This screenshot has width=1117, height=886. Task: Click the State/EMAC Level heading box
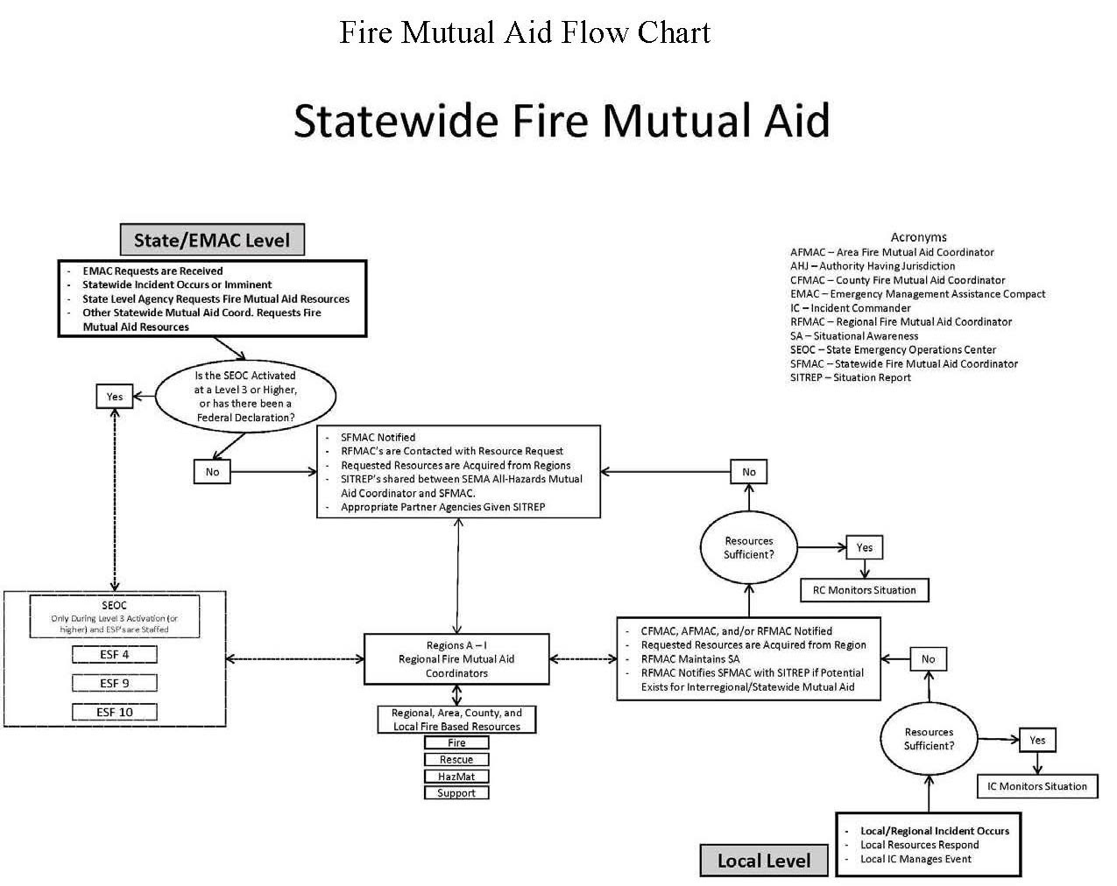point(212,240)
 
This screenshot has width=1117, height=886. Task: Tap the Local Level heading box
point(764,861)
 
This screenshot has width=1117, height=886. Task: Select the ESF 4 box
point(115,654)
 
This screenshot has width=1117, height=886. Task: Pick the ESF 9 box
point(115,683)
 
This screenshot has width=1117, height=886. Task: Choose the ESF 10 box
point(115,712)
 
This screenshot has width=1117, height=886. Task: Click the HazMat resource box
point(456,777)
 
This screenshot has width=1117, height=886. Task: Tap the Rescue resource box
point(456,760)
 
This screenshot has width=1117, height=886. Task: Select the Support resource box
point(456,793)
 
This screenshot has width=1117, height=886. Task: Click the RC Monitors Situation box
point(865,590)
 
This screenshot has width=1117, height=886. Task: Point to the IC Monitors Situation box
point(1037,786)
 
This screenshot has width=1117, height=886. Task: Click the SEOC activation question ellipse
point(245,397)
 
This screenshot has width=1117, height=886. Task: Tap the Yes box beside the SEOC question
point(115,397)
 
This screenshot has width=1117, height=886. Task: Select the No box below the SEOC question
point(212,472)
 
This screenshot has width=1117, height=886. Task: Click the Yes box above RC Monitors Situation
point(865,547)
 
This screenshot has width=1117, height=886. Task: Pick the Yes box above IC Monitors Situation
point(1037,740)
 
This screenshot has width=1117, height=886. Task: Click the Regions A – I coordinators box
point(456,659)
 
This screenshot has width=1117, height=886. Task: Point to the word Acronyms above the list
point(918,236)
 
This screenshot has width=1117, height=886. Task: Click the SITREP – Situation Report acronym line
point(851,377)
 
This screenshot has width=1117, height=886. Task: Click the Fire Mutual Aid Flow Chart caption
point(524,32)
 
